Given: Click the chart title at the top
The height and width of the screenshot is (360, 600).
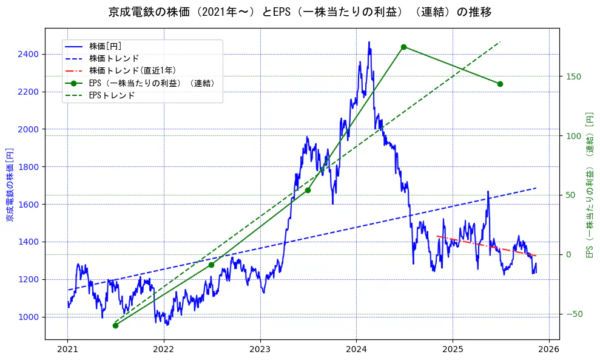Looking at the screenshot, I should coord(300,12).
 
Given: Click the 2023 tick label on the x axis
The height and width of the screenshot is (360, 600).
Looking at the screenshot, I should coord(260,349).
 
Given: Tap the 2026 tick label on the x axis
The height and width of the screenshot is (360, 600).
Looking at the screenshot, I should coord(549,349).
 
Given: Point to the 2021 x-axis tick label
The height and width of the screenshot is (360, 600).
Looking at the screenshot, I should coord(67,349).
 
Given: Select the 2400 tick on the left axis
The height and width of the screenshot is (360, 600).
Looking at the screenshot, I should coord(29,55).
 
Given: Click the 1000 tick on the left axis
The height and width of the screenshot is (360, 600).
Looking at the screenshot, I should coord(29,317).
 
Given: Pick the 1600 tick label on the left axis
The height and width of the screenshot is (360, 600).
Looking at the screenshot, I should coord(29,205).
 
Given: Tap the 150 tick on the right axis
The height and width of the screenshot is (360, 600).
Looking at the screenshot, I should coord(573,76).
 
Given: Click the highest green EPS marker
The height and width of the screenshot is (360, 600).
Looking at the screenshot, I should coord(403,47).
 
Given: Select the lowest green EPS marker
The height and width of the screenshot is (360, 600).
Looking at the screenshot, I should coord(115,325).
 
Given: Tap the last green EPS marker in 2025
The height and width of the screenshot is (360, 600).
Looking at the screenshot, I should coord(500,84).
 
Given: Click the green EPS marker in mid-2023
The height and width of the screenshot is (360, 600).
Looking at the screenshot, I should coord(308,190).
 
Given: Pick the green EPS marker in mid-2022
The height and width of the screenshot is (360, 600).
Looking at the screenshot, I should coord(211,265).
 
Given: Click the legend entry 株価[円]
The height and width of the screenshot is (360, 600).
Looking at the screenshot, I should coord(106,46).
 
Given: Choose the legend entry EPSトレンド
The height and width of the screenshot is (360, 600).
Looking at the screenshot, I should coord(112,95).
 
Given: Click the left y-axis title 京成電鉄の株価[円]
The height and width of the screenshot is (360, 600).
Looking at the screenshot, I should coord(9,183).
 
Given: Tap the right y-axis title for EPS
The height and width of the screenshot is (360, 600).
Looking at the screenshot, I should coord(589,183).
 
